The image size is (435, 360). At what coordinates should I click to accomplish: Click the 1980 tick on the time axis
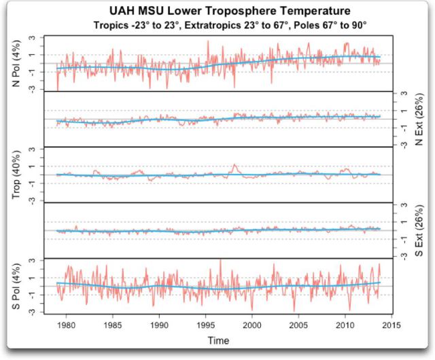point(66,325)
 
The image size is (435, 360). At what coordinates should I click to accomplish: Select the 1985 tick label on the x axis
point(113,325)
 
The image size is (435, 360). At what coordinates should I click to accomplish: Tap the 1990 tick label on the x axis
point(159,325)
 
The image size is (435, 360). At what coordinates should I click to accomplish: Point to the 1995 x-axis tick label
point(206,325)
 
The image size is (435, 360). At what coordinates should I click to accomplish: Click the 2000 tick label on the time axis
point(252,325)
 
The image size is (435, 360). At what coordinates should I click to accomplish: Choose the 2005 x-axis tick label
point(299,325)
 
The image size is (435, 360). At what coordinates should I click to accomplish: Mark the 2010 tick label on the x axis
point(345,325)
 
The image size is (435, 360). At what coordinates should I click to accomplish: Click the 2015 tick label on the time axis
point(392,325)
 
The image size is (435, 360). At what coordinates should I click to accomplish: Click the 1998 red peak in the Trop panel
point(234,165)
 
